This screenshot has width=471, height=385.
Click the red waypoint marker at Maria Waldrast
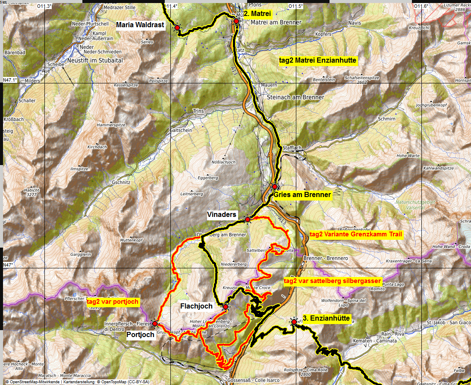(177, 28)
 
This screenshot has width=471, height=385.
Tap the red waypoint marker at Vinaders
(248, 220)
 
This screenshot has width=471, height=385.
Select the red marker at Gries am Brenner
(274, 186)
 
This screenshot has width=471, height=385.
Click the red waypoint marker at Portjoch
(155, 323)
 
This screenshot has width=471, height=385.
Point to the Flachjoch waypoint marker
(225, 307)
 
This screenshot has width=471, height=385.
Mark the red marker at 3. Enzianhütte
(294, 321)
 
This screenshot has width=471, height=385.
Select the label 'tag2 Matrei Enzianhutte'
(317, 60)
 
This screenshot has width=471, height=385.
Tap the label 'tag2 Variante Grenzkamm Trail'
(356, 235)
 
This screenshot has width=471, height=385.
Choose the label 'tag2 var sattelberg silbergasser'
(333, 281)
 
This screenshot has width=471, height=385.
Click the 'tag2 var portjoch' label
(113, 302)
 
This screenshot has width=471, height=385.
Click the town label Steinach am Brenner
(295, 97)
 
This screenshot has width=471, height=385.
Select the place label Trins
(198, 111)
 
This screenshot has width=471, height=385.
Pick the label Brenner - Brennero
(326, 258)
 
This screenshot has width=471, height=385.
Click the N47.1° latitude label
(9, 80)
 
